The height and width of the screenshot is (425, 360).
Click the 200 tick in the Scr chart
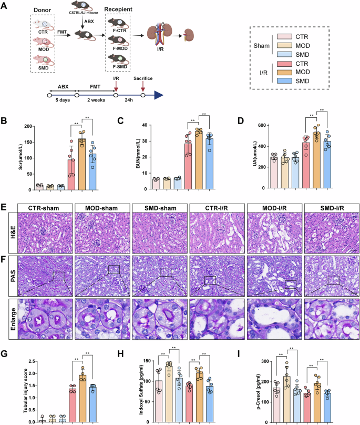pyautogui.click(x=18, y=127)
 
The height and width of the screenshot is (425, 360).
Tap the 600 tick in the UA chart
pyautogui.click(x=256, y=126)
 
